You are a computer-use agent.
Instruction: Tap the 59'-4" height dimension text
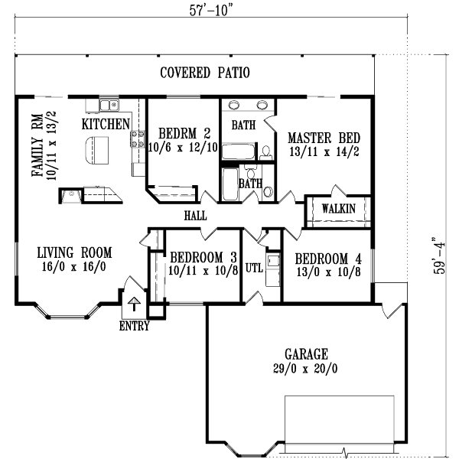[x=439, y=256]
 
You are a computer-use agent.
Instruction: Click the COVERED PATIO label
[x=205, y=73]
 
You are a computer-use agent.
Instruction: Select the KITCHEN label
[x=106, y=123]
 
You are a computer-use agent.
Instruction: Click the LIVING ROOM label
[x=75, y=252]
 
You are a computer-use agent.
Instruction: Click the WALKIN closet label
[x=337, y=208]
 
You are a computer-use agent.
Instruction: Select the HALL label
[x=195, y=216]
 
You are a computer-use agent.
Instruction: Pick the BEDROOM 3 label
[x=202, y=257]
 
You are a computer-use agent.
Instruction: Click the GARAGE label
[x=306, y=354]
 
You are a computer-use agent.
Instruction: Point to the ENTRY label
[x=134, y=327]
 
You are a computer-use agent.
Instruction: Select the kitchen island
[x=96, y=151]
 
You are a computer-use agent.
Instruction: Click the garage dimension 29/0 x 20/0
[x=306, y=368]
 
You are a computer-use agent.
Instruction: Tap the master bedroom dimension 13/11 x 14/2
[x=324, y=151]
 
